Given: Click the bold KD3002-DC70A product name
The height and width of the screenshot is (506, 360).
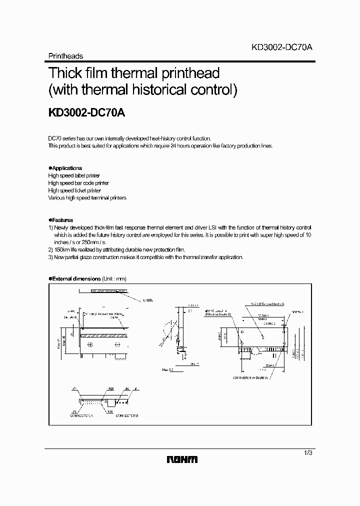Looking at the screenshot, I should tap(86, 113).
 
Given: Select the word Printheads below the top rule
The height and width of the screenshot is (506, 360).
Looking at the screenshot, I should tap(65, 56).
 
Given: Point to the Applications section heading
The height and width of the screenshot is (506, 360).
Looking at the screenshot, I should tap(66, 168).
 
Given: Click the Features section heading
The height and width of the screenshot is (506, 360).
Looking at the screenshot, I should tap(62, 220).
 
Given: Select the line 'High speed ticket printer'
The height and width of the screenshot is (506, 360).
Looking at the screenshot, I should tap(74, 190).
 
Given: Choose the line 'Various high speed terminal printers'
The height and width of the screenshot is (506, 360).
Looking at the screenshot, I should tap(87, 198).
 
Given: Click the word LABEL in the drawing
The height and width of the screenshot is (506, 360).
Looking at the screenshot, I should tap(148, 299).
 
